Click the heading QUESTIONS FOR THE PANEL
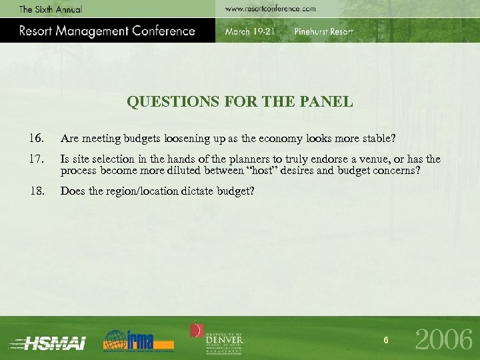tap(239, 102)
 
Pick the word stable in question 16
tap(377, 139)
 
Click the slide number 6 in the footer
tap(386, 341)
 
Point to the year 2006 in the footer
tap(444, 340)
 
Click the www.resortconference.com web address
tap(270, 9)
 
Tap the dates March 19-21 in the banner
tap(249, 32)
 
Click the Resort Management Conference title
tap(107, 31)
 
